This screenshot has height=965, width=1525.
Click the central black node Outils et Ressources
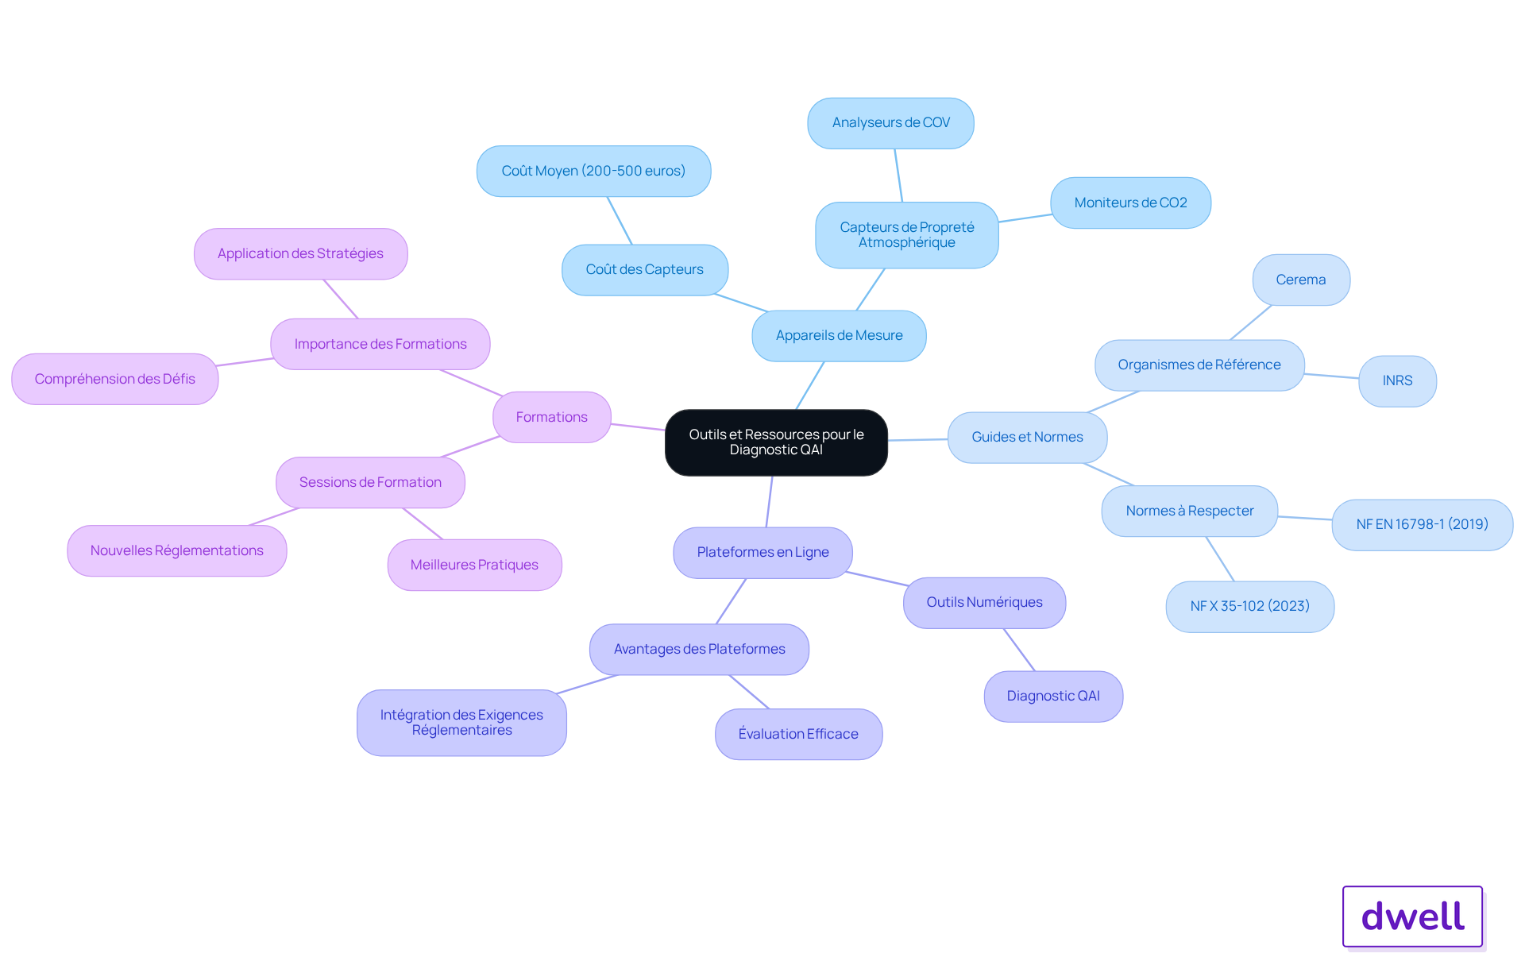776,442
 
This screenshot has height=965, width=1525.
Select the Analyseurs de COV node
890,123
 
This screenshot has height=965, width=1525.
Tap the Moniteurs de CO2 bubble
1130,203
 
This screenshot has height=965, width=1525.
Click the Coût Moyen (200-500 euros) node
593,171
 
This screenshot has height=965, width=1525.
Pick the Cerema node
1301,280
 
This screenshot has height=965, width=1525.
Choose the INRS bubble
1397,381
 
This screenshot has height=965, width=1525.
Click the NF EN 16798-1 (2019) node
1422,524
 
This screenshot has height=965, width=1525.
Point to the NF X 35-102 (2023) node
1249,606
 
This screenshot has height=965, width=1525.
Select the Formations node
551,417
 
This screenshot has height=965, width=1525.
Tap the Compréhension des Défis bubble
114,379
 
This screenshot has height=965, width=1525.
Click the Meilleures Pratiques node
474,565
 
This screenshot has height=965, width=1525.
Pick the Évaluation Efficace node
798,734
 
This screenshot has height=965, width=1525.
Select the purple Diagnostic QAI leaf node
1053,696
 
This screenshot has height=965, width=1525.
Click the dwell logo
1412,917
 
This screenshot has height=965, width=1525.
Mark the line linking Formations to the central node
638,427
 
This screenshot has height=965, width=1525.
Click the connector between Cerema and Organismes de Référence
1251,322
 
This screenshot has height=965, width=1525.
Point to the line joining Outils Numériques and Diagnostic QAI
1019,650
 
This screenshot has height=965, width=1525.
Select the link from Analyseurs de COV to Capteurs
898,176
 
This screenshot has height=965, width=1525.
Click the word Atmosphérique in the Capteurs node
906,243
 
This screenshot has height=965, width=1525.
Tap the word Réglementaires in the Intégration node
461,731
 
